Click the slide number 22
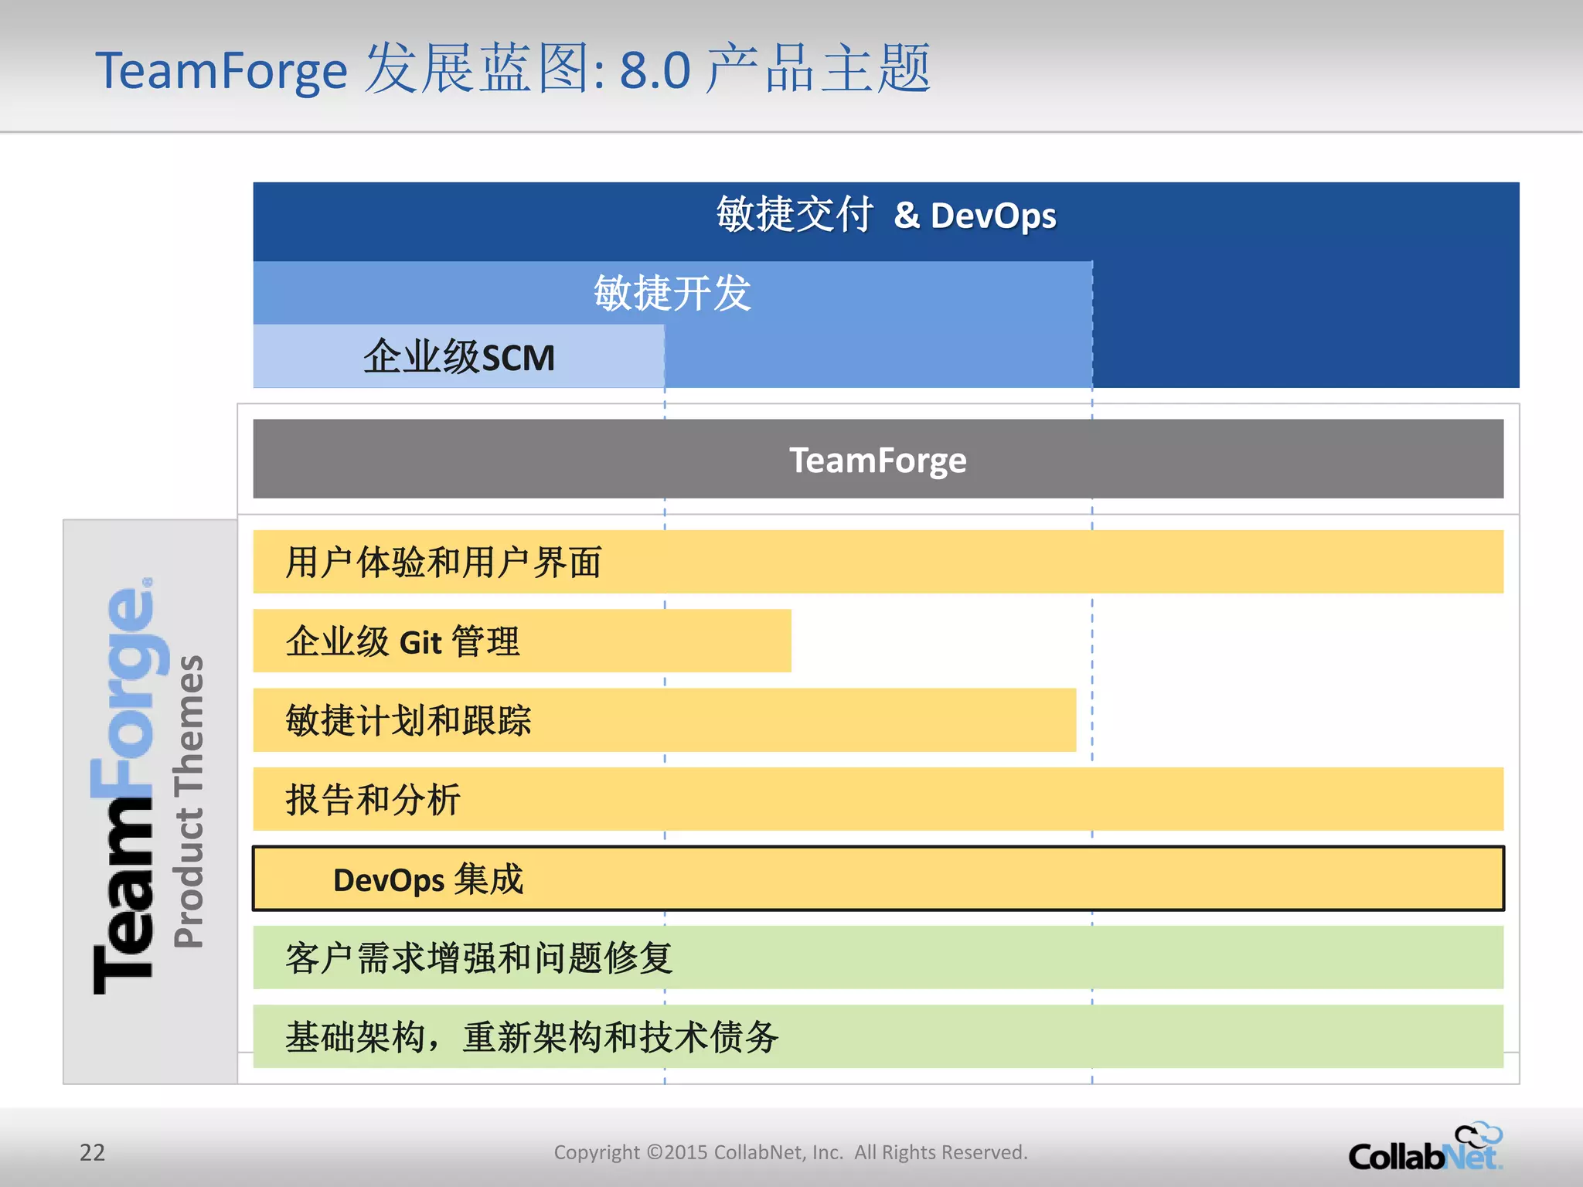click(92, 1152)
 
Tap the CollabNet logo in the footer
click(1425, 1149)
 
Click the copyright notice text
click(790, 1152)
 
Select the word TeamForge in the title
click(221, 71)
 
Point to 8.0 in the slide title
click(655, 71)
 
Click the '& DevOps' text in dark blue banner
click(975, 216)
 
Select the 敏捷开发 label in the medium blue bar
click(672, 294)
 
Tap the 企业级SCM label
click(459, 357)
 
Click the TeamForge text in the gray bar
click(877, 461)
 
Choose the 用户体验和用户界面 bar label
click(443, 563)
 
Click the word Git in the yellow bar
click(420, 643)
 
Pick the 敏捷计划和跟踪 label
click(408, 721)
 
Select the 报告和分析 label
click(373, 800)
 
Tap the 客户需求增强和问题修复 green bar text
click(478, 959)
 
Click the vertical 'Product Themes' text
click(189, 801)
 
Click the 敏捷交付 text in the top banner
click(795, 215)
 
